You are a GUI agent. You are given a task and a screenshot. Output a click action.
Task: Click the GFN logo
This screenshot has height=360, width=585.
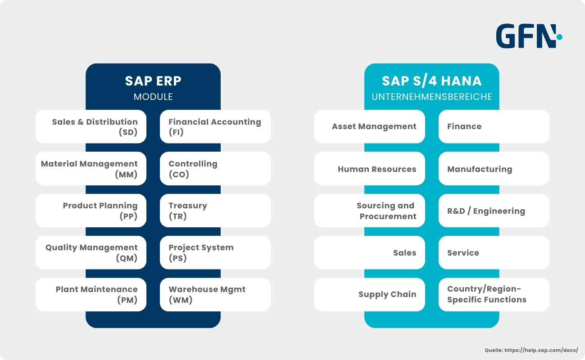click(529, 36)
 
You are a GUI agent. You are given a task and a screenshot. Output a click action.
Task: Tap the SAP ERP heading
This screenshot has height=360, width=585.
click(153, 81)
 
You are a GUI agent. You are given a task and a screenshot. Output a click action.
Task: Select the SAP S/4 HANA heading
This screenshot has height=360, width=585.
click(431, 81)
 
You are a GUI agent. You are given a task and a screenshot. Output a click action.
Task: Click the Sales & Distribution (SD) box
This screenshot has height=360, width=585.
click(91, 126)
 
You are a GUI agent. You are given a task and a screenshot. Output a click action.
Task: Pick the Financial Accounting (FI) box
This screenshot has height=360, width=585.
click(215, 126)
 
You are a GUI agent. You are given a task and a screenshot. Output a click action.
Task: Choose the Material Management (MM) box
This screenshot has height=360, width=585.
click(91, 168)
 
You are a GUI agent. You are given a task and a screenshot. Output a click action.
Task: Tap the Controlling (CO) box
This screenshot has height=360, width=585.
click(215, 168)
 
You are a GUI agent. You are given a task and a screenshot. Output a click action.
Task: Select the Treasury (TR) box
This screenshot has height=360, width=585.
click(215, 211)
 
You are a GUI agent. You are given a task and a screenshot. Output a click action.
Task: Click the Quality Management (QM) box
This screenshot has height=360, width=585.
click(91, 252)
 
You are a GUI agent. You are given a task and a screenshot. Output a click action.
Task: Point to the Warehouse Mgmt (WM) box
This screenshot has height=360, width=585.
click(215, 294)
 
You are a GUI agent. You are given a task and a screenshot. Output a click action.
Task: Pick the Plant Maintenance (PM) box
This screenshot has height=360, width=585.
click(91, 294)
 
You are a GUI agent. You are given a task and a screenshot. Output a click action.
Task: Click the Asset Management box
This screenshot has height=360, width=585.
click(370, 126)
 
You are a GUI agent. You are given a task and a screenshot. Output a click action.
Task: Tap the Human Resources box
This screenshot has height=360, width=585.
click(370, 168)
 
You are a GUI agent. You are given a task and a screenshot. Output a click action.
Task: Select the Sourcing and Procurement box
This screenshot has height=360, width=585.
click(370, 211)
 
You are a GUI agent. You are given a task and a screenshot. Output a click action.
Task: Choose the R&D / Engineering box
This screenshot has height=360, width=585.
click(494, 211)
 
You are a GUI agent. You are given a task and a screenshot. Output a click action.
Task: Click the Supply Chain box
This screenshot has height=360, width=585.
click(370, 294)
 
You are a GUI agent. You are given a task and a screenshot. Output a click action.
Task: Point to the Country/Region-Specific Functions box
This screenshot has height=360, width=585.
click(494, 294)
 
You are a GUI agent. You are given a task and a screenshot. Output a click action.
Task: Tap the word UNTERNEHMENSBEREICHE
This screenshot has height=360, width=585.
click(431, 97)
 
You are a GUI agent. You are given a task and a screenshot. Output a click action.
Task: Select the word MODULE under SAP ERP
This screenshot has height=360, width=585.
click(153, 97)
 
